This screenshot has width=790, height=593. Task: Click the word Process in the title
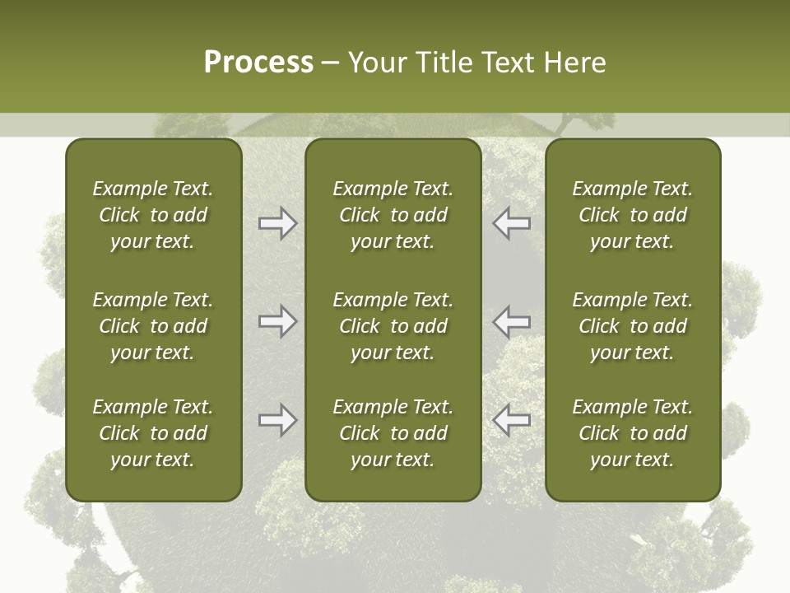[x=258, y=63]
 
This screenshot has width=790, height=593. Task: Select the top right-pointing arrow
[x=277, y=223]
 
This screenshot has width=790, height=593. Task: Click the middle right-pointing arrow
[x=277, y=320]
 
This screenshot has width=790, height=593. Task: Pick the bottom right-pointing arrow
[x=277, y=419]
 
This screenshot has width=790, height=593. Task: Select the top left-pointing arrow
[x=512, y=223]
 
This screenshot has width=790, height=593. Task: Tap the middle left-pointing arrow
[x=512, y=320]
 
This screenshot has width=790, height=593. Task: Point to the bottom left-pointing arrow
[x=512, y=419]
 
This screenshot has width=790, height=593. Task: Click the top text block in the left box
[x=153, y=215]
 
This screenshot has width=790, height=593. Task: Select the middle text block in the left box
[x=153, y=326]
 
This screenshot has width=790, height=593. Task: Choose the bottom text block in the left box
[x=153, y=433]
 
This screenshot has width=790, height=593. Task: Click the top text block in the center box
[x=393, y=215]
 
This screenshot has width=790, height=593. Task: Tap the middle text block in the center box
[x=393, y=326]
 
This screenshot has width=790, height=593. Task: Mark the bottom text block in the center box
[x=393, y=433]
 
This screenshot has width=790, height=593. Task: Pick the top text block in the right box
[x=632, y=215]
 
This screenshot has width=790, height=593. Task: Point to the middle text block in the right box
[x=632, y=326]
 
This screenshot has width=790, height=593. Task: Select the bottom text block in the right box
[x=632, y=433]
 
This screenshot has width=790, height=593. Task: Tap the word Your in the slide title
[x=377, y=63]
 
